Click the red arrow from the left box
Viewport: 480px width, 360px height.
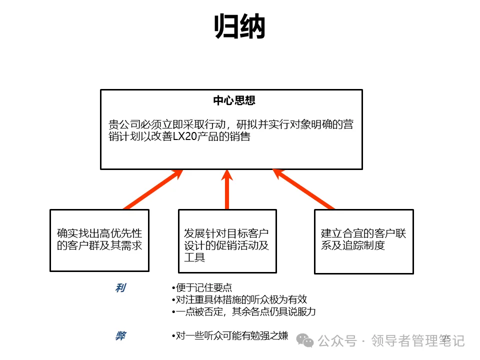click(x=152, y=189)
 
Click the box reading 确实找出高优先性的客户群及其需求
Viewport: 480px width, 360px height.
click(x=99, y=240)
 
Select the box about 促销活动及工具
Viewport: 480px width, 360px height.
click(x=227, y=241)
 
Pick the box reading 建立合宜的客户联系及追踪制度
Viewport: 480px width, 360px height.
click(x=363, y=241)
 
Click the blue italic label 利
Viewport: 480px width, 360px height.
click(x=120, y=287)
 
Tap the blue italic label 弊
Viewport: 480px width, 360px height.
click(x=120, y=336)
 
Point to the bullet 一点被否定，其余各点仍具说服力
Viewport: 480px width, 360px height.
click(x=243, y=311)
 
